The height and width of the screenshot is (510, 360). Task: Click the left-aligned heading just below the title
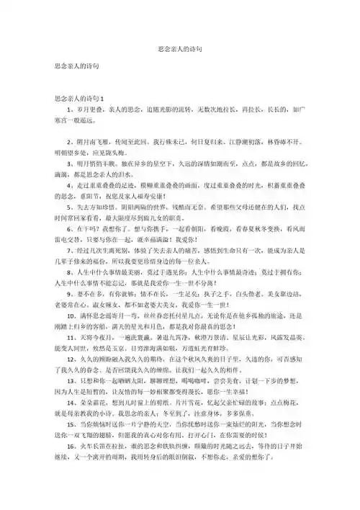click(77, 66)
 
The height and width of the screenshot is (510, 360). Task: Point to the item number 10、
click(70, 353)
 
